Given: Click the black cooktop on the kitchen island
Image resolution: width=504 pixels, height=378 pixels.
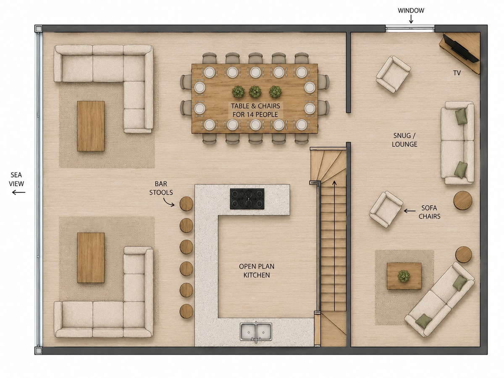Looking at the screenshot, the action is (x=247, y=199).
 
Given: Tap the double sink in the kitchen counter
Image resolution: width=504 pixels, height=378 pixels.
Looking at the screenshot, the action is (x=256, y=332).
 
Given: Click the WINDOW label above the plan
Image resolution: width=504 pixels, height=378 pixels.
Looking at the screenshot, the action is (x=411, y=10).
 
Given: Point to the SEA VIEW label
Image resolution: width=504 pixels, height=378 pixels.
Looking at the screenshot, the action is (x=16, y=179).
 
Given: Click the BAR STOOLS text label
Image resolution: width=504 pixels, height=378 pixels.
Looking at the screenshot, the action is (x=161, y=188).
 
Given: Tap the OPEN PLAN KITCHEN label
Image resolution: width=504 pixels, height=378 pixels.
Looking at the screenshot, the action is (x=257, y=270).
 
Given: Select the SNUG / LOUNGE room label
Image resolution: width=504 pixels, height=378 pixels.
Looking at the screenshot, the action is (x=404, y=140).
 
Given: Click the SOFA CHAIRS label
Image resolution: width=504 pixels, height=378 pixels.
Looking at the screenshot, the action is (x=429, y=212).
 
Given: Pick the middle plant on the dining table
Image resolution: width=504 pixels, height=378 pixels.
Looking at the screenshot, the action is (x=255, y=92).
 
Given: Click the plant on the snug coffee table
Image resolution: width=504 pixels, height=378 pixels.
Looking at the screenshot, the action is (x=404, y=276).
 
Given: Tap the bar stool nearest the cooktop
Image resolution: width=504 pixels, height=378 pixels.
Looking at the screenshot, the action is (x=186, y=204).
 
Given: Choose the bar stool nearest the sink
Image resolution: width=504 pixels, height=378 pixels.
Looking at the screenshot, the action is (x=186, y=311).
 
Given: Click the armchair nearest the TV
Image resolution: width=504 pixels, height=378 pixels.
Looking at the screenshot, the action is (x=393, y=75).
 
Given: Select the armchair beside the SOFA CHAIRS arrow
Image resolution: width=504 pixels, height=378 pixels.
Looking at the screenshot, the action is (x=386, y=210).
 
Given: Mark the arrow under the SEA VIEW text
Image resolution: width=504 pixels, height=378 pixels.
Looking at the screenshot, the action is (x=18, y=192).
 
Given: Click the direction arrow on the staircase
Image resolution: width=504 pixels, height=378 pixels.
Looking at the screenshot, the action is (x=334, y=245).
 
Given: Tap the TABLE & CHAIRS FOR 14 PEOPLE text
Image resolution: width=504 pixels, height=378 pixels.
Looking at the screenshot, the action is (x=255, y=110).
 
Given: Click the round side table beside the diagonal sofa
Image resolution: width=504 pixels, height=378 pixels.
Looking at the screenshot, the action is (x=464, y=255).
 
